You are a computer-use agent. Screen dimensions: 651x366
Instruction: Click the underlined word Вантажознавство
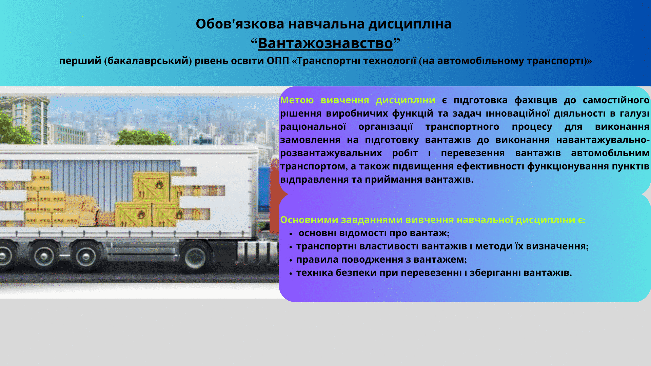point(325,43)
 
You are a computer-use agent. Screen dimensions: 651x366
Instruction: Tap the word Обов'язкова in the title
point(240,24)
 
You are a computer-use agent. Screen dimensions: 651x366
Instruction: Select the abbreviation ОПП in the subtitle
point(278,61)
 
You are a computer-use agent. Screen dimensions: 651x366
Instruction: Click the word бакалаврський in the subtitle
point(148,61)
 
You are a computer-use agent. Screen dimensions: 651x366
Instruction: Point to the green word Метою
point(297,100)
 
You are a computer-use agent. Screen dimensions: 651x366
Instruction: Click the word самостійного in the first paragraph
point(616,101)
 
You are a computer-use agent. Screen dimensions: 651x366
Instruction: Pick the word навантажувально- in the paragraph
point(603,140)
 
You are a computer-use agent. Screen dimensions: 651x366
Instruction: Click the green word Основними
point(309,220)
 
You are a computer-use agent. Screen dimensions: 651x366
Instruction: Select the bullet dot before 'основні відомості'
point(291,234)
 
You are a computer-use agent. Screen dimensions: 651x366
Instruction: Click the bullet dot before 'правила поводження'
point(291,261)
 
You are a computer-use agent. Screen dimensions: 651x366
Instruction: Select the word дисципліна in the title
point(410,24)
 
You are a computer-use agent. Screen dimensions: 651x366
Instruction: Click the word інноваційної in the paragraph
point(518,114)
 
